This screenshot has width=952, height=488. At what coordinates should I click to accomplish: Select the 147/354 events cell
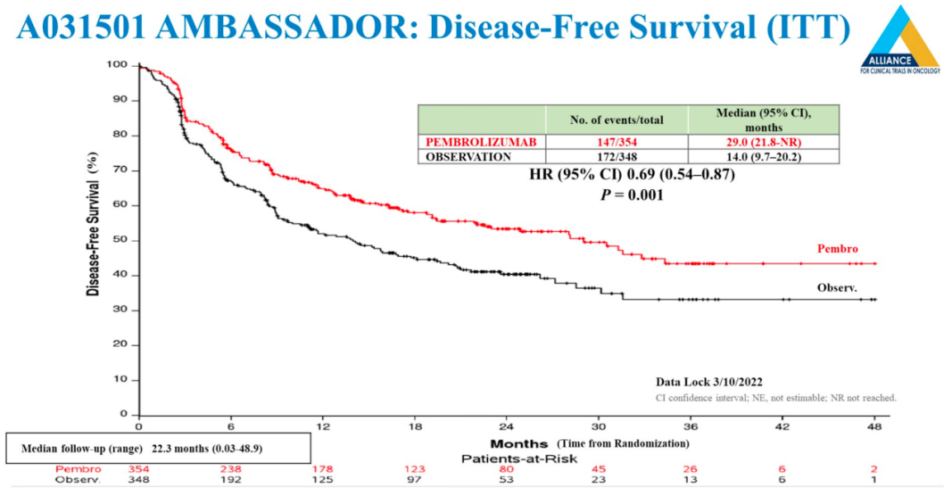(x=617, y=142)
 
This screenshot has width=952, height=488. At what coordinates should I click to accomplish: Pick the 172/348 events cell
(x=617, y=157)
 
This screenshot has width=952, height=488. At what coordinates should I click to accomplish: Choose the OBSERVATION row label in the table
(x=469, y=157)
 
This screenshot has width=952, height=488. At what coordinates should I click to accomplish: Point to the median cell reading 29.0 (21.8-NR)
(x=764, y=142)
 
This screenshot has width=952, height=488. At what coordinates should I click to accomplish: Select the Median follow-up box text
(x=159, y=448)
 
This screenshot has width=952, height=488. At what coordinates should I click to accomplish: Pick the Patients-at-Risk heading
(x=506, y=458)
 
